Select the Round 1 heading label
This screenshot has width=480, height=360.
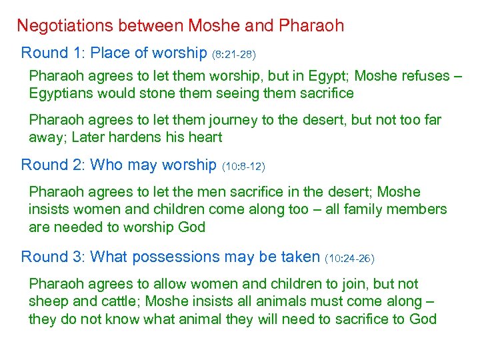[x=53, y=53]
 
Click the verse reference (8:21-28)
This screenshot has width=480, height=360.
[x=234, y=54]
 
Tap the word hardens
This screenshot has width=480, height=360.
[x=139, y=138]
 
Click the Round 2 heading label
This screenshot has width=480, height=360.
[x=53, y=165]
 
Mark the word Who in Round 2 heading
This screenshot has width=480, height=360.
[x=104, y=165]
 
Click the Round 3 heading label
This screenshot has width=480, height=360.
[x=53, y=257]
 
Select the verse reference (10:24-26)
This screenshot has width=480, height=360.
[x=350, y=258]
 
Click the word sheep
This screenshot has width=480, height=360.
[x=47, y=301]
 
